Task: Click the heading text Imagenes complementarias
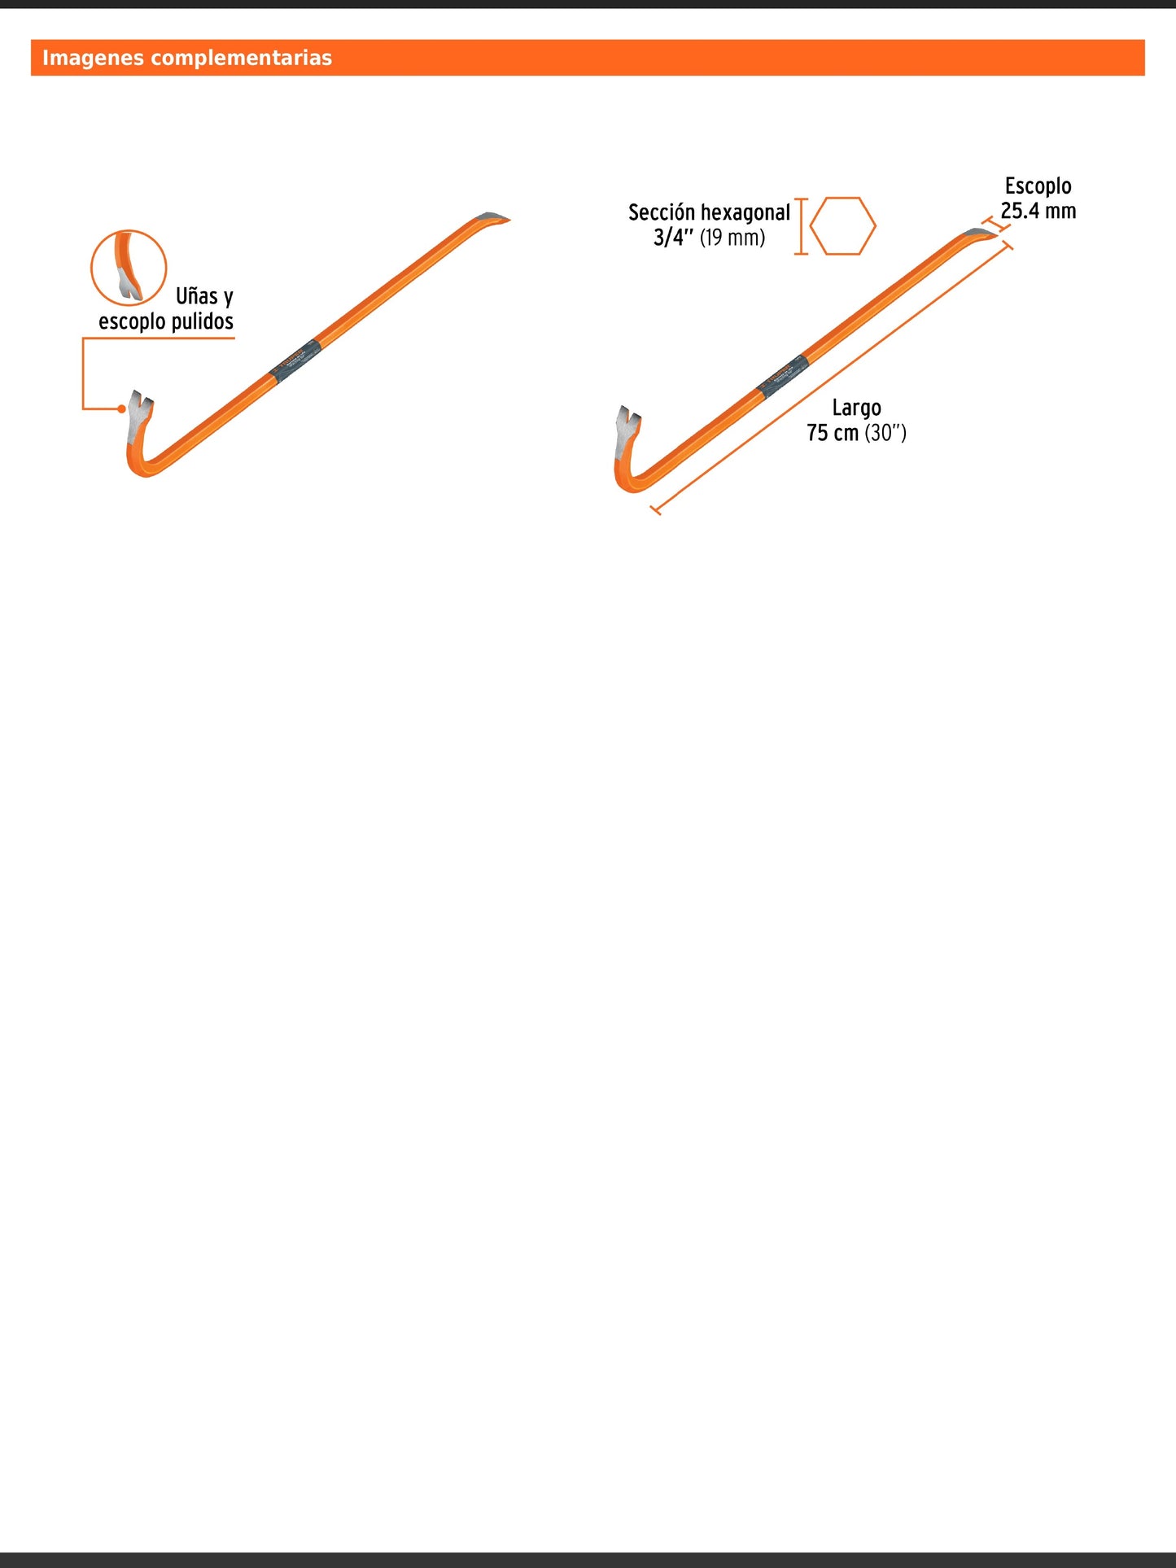point(187,58)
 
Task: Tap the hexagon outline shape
point(843,226)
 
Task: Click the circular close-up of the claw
point(129,268)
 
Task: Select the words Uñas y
point(204,296)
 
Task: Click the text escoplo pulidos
point(166,321)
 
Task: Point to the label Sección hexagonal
point(709,212)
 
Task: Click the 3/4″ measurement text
point(673,238)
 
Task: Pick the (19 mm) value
point(732,238)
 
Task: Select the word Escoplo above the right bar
point(1038,186)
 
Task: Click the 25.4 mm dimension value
point(1038,212)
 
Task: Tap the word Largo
point(856,408)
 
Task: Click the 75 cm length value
point(833,433)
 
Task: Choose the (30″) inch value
point(885,433)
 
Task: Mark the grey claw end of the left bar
point(139,415)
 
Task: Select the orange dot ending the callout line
point(122,408)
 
